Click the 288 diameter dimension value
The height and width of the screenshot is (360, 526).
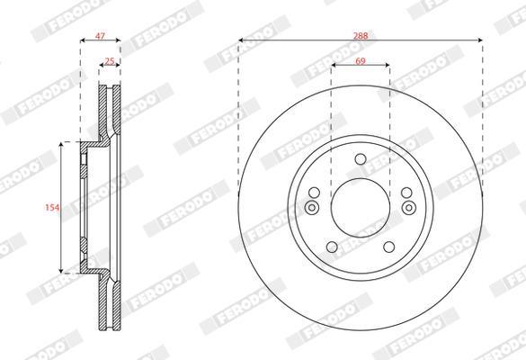point(361,36)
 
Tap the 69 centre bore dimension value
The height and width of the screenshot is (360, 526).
point(361,61)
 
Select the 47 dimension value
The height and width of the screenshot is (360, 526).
point(100,36)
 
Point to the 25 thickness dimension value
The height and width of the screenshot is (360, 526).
point(110,61)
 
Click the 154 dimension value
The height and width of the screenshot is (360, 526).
point(52,208)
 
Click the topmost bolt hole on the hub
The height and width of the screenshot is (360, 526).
point(361,159)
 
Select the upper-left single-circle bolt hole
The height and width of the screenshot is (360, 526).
point(315,193)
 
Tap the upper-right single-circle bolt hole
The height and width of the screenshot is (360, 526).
point(406,193)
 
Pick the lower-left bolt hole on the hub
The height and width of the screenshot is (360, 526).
point(332,247)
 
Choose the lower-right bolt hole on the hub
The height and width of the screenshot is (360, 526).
point(389,247)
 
